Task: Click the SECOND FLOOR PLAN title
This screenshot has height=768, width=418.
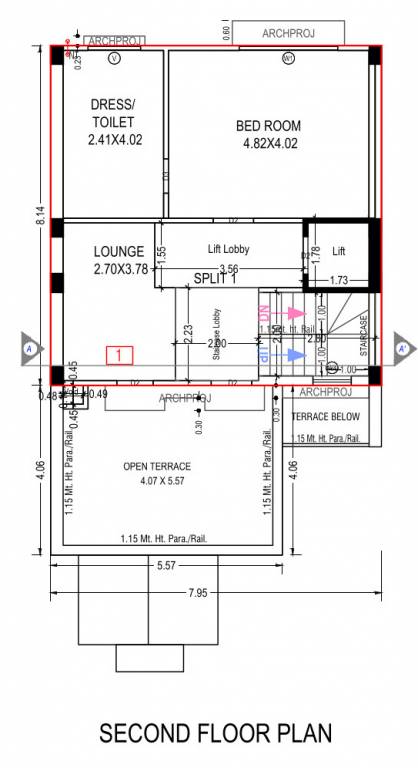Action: (x=214, y=734)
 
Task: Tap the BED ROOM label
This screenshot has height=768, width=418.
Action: (x=269, y=126)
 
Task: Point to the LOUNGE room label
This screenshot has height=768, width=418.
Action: (x=119, y=252)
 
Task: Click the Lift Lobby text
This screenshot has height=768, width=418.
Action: (x=228, y=249)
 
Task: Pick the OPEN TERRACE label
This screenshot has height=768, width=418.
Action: (x=156, y=466)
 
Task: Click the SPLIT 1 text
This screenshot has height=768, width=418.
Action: (x=215, y=279)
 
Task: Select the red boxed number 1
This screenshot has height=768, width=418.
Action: (x=119, y=354)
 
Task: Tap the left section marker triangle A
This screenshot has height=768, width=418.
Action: (x=31, y=348)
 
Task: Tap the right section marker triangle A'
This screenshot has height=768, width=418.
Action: (x=403, y=348)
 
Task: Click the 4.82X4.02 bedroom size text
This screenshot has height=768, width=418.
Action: (x=269, y=143)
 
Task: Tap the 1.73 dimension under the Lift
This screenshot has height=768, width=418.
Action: (x=338, y=280)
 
